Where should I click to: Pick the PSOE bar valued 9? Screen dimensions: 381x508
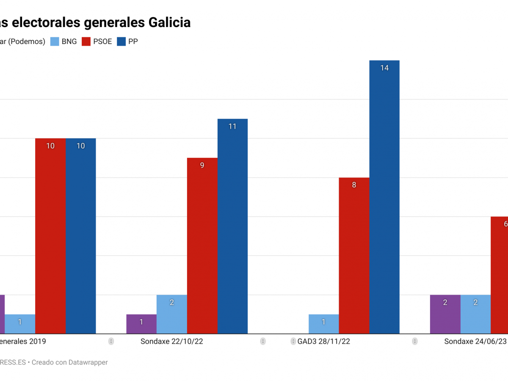click(x=202, y=246)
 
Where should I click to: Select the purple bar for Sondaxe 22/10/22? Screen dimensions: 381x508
click(x=141, y=324)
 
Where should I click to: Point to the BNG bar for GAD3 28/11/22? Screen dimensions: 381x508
click(x=323, y=324)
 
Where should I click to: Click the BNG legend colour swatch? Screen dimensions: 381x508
click(x=55, y=41)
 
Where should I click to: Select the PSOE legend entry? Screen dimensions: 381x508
click(x=102, y=41)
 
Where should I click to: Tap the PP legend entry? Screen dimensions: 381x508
click(x=133, y=41)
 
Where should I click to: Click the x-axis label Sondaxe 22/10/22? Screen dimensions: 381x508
click(x=172, y=342)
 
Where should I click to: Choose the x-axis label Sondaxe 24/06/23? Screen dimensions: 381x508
click(x=475, y=342)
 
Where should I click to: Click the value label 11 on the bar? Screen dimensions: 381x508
click(x=232, y=126)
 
